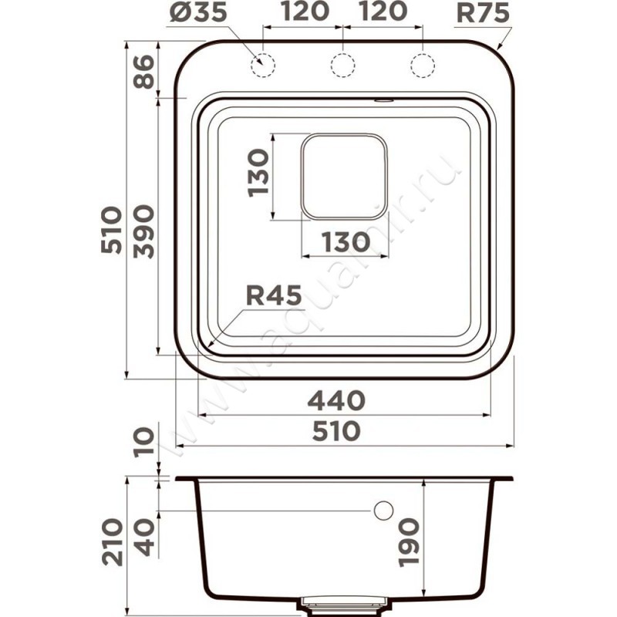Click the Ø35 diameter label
tap(199, 12)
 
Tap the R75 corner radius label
tap(483, 12)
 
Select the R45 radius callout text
tap(274, 295)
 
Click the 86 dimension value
tap(143, 71)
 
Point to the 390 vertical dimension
tap(143, 232)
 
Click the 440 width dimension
tap(336, 400)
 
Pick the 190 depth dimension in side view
tap(408, 542)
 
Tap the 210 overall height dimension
tap(113, 542)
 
